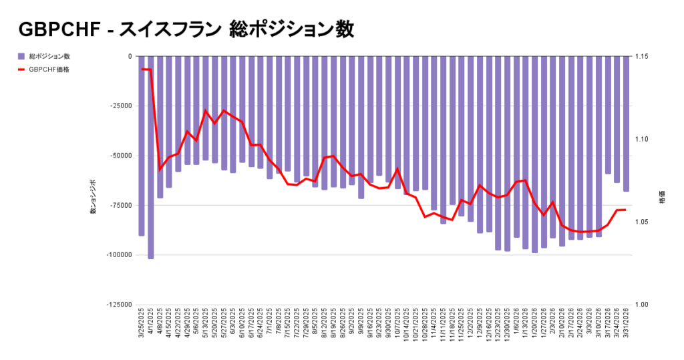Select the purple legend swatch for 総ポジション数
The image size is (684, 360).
click(21, 56)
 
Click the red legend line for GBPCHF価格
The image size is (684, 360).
click(21, 69)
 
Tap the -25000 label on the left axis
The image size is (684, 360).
click(120, 106)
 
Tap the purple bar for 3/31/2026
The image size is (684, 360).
click(626, 124)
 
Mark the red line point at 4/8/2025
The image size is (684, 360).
click(160, 168)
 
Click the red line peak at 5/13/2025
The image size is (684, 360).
click(206, 111)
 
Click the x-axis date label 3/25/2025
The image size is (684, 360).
click(142, 325)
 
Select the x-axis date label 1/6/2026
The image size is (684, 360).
click(516, 323)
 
